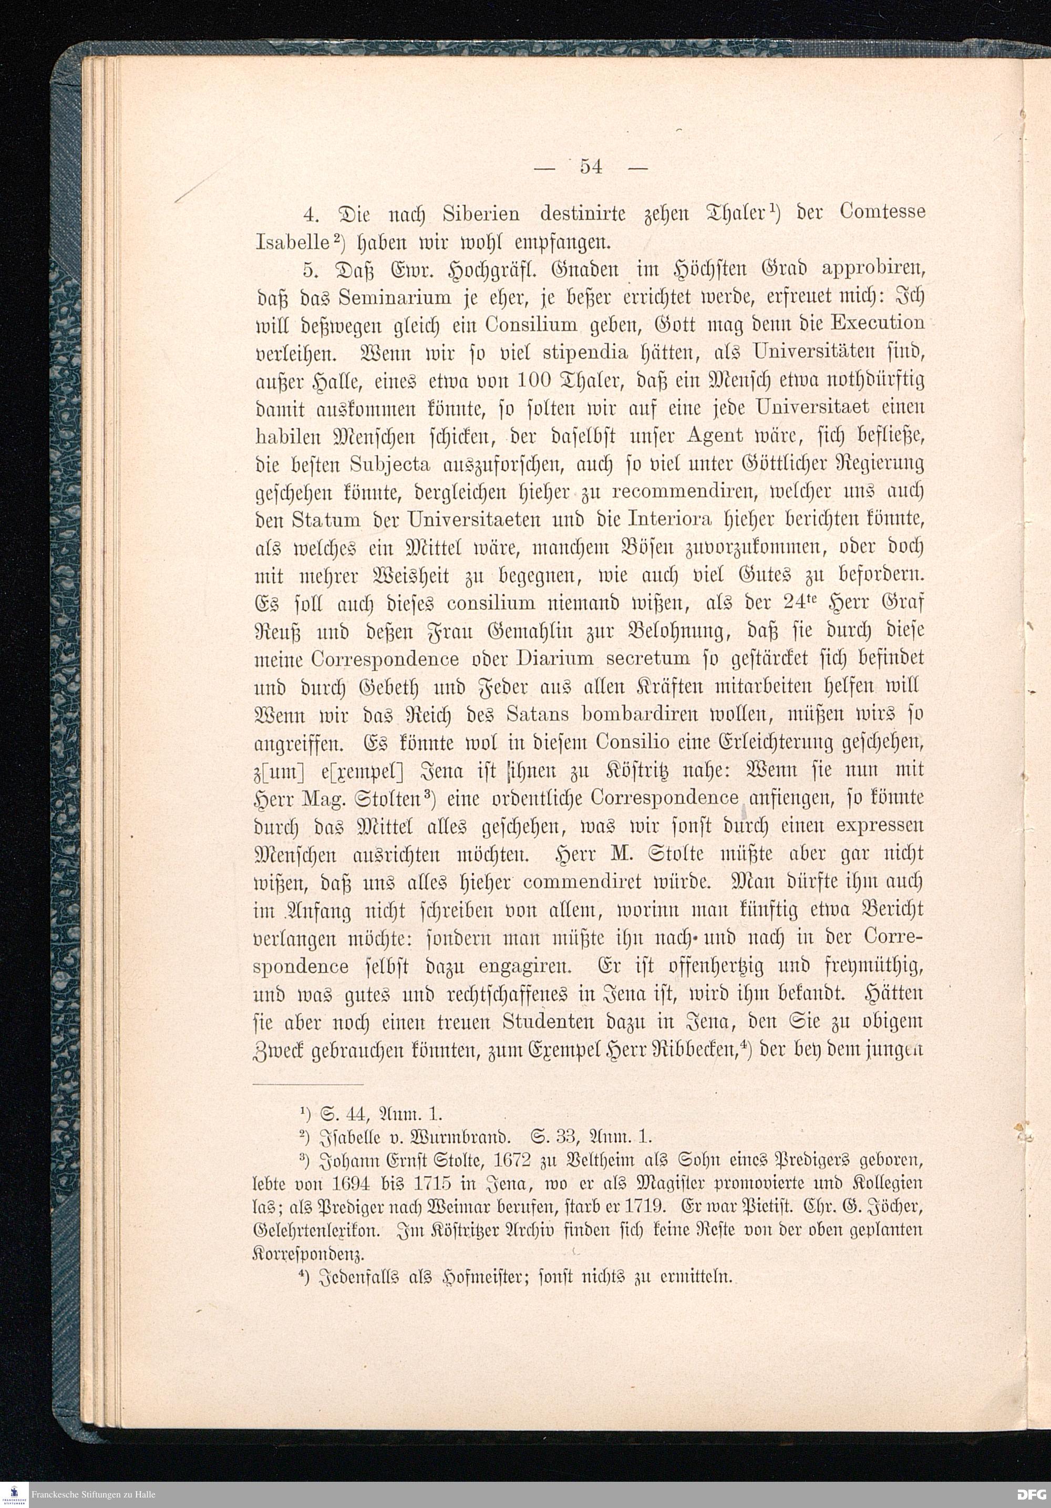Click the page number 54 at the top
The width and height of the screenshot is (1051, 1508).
(x=591, y=167)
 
